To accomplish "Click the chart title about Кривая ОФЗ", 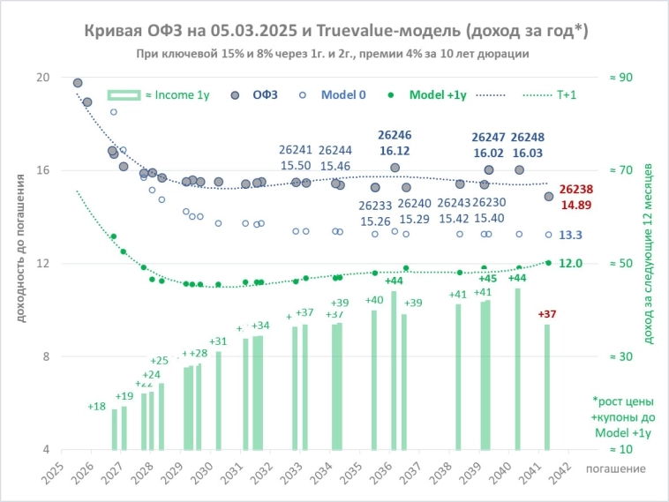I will point(336,31).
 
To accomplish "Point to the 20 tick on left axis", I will point(41,77).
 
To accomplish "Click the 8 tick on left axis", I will point(45,356).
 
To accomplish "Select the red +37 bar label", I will point(547,314).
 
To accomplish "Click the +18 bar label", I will point(97,406).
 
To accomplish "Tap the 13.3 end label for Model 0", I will point(571,235).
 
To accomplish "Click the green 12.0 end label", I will point(571,263).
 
